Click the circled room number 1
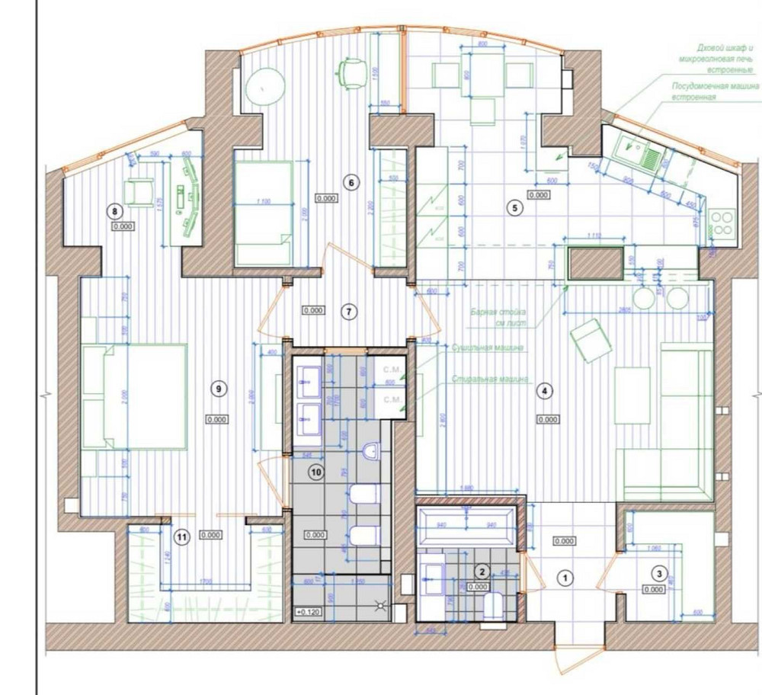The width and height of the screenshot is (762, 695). click(x=565, y=578)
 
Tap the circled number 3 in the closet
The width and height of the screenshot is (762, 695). click(x=660, y=572)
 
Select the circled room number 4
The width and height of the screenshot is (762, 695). click(x=544, y=391)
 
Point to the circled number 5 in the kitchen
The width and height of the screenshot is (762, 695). click(x=516, y=207)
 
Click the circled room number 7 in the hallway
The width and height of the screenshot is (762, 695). click(x=348, y=311)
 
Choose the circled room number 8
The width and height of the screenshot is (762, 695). click(x=116, y=211)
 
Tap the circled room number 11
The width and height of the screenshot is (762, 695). click(x=181, y=537)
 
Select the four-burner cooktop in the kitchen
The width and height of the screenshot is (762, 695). click(x=722, y=222)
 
